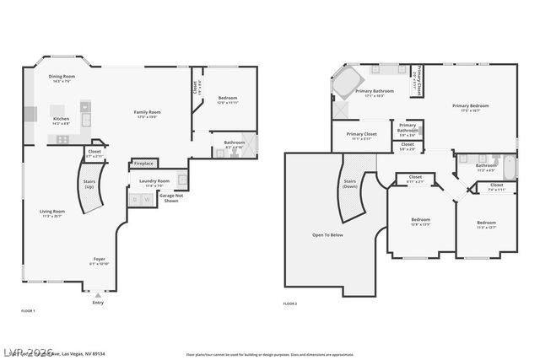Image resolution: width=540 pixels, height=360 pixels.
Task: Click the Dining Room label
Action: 62,77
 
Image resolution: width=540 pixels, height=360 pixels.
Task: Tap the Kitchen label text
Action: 62,119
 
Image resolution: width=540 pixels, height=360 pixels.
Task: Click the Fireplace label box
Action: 143,164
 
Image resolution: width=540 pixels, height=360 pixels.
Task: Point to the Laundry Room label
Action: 154,181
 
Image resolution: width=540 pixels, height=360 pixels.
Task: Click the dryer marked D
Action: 135,200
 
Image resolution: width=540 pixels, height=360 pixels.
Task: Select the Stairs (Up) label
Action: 89,183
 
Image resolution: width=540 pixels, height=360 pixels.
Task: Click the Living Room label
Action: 52,212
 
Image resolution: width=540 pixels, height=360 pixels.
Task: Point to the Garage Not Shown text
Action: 171,199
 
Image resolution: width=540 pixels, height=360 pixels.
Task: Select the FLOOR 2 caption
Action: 290,304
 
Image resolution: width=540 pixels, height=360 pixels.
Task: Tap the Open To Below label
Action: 328,234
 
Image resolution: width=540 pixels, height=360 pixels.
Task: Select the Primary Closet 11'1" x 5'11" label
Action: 361,136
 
